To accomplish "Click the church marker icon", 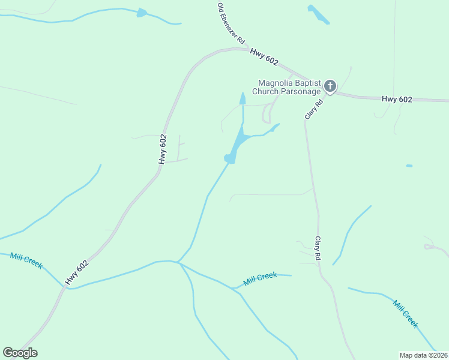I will [x=330, y=86].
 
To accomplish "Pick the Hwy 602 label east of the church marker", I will [x=397, y=100].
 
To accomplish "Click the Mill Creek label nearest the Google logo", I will [x=26, y=261].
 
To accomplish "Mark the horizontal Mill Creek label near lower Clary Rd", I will [x=260, y=279].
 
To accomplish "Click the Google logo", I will [x=20, y=353].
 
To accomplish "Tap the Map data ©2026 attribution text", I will [x=423, y=355].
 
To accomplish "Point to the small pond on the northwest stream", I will [x=142, y=13].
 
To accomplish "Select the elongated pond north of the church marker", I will [x=318, y=14].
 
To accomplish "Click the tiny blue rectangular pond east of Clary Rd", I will [x=409, y=166].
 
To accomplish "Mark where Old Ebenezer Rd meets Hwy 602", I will [x=247, y=49].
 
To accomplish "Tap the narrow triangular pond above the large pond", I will [x=243, y=99].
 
